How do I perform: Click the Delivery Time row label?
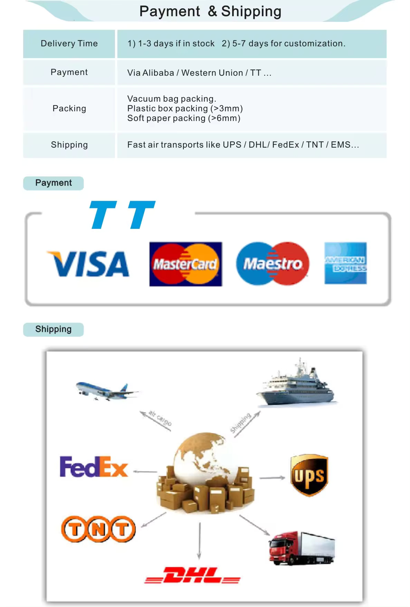click(x=69, y=44)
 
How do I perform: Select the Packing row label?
click(x=69, y=109)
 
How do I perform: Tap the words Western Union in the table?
click(x=212, y=73)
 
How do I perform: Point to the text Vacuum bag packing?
click(x=171, y=99)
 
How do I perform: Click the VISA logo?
click(x=88, y=264)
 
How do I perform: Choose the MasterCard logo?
click(x=185, y=264)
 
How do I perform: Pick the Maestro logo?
click(x=273, y=264)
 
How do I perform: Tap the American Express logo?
click(x=345, y=263)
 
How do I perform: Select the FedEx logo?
click(x=94, y=467)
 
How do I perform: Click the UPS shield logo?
click(x=309, y=475)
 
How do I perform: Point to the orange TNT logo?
click(x=98, y=529)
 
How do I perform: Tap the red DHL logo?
click(x=192, y=576)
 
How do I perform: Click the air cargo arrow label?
click(x=160, y=418)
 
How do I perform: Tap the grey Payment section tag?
click(x=54, y=183)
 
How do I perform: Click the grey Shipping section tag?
click(x=54, y=329)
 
